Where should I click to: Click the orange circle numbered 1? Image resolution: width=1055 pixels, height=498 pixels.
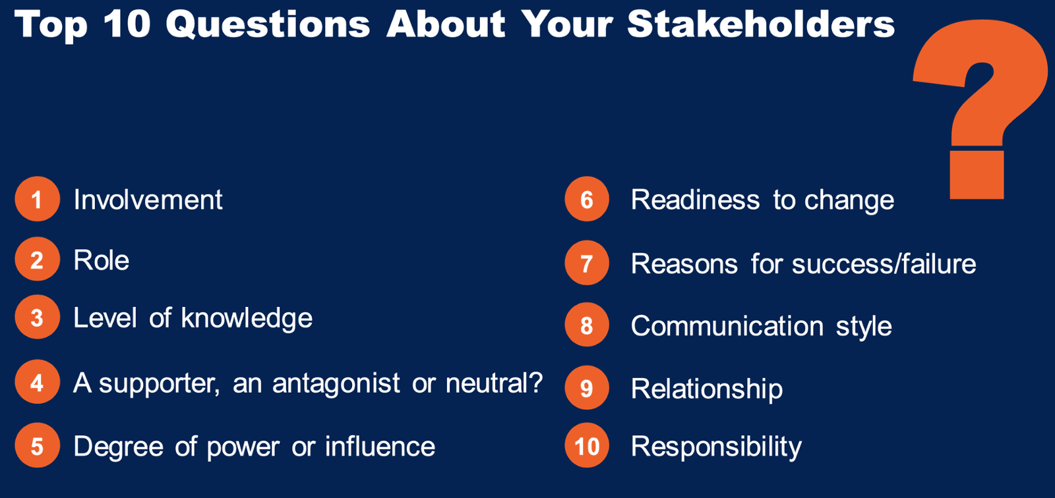37,199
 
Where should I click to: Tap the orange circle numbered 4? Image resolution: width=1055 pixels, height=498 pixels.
37,382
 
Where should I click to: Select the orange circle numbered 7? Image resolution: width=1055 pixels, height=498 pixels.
587,263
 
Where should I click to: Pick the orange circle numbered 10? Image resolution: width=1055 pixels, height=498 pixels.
587,445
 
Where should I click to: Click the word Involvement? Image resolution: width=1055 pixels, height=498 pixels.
148,200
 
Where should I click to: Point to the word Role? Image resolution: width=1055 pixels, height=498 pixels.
102,260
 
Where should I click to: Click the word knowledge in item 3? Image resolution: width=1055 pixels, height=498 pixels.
247,319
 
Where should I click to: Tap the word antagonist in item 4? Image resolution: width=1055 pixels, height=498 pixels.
336,384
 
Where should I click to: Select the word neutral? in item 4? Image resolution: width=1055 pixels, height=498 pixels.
494,382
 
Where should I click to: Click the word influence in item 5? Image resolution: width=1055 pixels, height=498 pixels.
380,446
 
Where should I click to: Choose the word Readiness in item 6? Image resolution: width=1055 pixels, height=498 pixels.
695,200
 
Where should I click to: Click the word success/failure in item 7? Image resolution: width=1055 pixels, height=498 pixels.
884,263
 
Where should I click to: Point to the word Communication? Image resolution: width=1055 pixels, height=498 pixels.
727,325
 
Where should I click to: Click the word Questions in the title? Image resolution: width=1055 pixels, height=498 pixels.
268,24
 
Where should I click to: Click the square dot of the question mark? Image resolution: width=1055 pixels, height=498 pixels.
977,175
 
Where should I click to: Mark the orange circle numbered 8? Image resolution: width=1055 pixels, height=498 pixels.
587,325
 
